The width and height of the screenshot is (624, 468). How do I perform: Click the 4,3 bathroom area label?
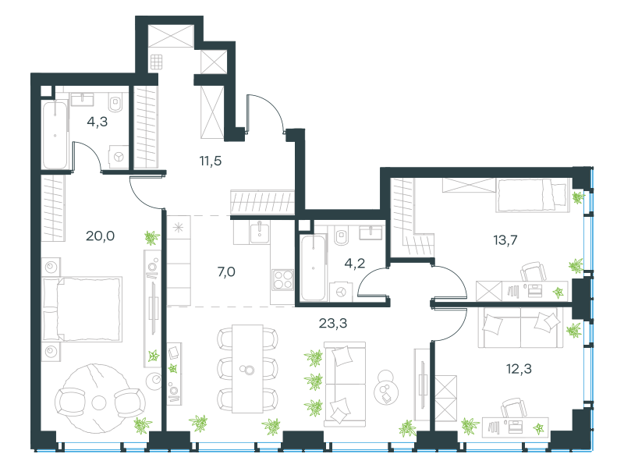pyautogui.click(x=97, y=122)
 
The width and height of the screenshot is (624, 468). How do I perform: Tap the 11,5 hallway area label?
pyautogui.click(x=210, y=161)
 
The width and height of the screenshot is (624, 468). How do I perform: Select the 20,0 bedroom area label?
pyautogui.click(x=101, y=236)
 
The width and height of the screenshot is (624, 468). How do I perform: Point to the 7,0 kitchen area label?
pyautogui.click(x=226, y=271)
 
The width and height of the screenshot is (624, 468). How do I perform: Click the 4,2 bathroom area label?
pyautogui.click(x=355, y=263)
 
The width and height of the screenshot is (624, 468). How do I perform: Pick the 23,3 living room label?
pyautogui.click(x=333, y=323)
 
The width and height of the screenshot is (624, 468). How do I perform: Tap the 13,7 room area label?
pyautogui.click(x=505, y=240)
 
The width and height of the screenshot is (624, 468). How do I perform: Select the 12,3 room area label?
pyautogui.click(x=519, y=369)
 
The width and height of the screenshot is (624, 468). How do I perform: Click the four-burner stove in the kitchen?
pyautogui.click(x=283, y=279)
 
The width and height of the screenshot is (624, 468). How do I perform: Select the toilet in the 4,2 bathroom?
pyautogui.click(x=341, y=236)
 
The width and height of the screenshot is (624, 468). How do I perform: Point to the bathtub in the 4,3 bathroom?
pyautogui.click(x=55, y=135)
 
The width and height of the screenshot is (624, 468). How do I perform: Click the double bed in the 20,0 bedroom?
pyautogui.click(x=82, y=309)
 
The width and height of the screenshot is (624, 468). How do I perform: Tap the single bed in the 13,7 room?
pyautogui.click(x=533, y=194)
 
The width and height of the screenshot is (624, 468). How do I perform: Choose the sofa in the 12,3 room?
pyautogui.click(x=520, y=327)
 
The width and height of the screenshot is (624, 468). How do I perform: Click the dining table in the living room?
pyautogui.click(x=247, y=369)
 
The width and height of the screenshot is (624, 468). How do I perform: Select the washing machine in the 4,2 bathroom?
pyautogui.click(x=341, y=292)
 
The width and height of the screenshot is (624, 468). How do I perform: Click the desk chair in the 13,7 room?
pyautogui.click(x=534, y=271)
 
